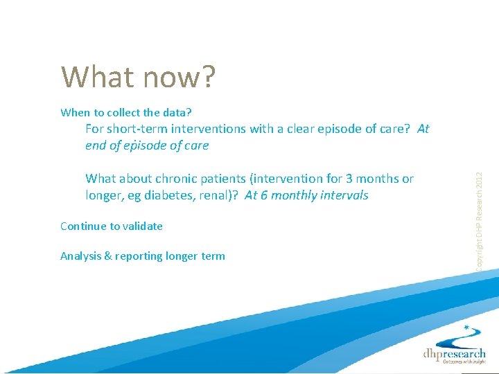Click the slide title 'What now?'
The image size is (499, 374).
coord(139,77)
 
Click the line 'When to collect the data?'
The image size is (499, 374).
coord(125,112)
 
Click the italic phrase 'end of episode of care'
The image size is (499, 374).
coord(146,145)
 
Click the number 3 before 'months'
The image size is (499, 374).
coord(359,179)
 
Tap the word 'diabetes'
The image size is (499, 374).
coord(175,195)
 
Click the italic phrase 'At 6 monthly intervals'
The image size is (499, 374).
coord(306,195)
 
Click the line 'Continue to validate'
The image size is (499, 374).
coord(112,226)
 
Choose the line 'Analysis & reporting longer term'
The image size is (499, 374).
coord(143,256)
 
